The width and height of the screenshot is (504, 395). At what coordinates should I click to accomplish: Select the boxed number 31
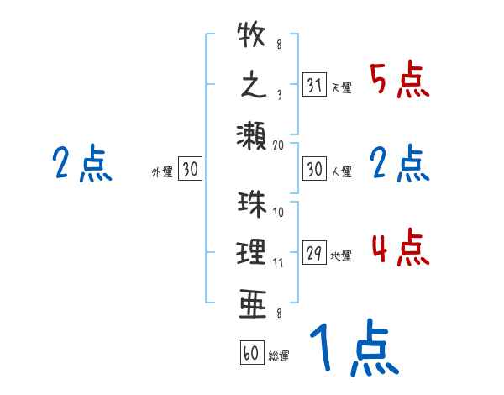click(x=314, y=86)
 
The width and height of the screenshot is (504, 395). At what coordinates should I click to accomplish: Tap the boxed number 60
click(x=251, y=353)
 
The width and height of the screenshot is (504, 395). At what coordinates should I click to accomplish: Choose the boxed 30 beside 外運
click(x=190, y=170)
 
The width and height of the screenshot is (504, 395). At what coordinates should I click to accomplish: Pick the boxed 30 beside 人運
click(x=314, y=170)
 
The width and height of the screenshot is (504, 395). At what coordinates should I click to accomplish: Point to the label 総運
click(x=279, y=355)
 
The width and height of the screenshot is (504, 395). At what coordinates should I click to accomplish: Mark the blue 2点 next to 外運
click(x=81, y=164)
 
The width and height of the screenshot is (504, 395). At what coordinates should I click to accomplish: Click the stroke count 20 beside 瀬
click(x=278, y=145)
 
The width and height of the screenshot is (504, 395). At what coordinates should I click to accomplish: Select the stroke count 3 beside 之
click(x=278, y=95)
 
